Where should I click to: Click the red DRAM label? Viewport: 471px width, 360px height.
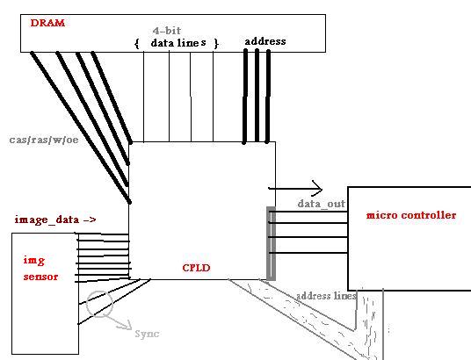click(47, 23)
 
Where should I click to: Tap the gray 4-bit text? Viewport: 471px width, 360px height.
click(167, 31)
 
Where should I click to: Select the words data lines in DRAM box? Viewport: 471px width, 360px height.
click(178, 43)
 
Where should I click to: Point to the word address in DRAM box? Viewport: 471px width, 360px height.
click(265, 41)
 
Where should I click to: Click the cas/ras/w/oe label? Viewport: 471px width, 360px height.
click(44, 140)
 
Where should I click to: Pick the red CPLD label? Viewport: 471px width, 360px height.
click(196, 268)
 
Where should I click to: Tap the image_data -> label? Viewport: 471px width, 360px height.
click(55, 220)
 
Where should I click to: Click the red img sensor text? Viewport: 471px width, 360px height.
click(40, 269)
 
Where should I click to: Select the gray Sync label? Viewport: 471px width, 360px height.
click(147, 334)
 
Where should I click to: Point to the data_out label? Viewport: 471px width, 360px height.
click(322, 204)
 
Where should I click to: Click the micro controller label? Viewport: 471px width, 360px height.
click(411, 215)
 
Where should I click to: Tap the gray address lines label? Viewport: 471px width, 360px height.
click(327, 296)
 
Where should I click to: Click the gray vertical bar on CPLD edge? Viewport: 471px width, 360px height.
click(271, 243)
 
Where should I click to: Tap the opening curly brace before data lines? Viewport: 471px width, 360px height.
click(137, 44)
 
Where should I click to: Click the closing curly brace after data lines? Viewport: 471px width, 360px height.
click(216, 44)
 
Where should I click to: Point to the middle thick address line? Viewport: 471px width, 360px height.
click(257, 95)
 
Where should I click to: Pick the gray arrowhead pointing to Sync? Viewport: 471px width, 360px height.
click(127, 325)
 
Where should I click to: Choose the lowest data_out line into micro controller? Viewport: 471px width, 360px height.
click(308, 253)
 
